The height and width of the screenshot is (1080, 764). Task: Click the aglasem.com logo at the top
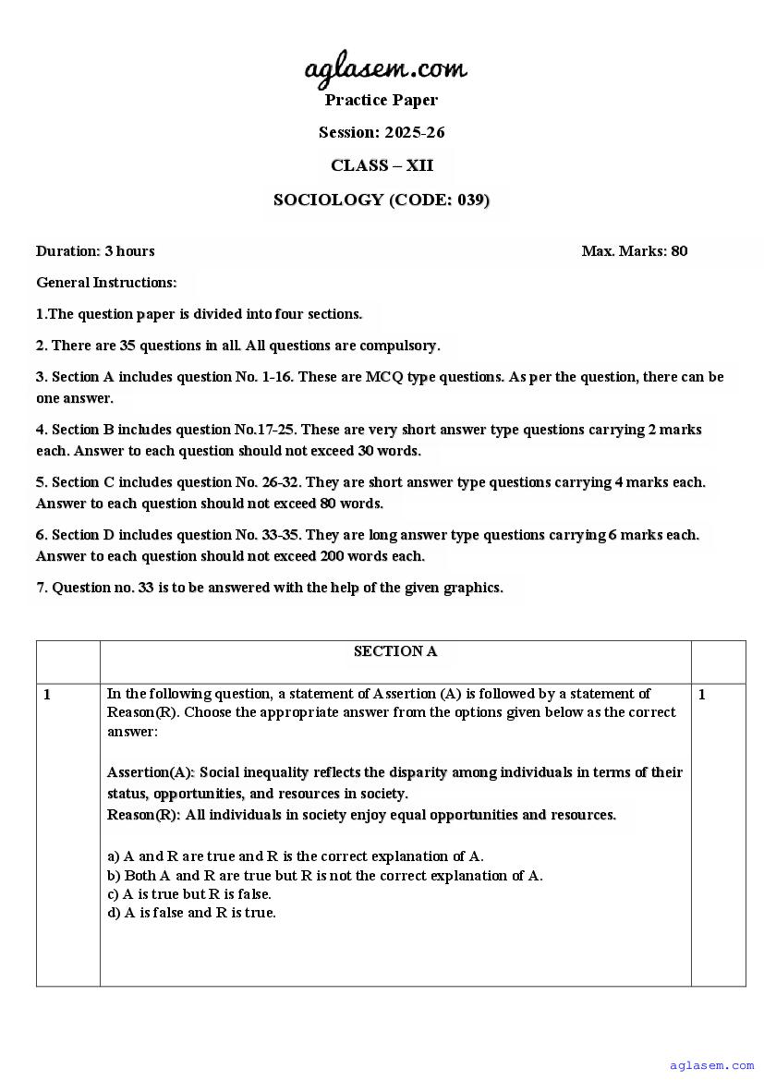point(385,67)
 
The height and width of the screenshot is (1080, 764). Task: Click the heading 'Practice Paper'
point(382,100)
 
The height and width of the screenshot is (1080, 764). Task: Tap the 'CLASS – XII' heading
point(382,165)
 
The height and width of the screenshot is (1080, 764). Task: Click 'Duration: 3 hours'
point(95,250)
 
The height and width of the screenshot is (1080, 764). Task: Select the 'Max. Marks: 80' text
point(635,250)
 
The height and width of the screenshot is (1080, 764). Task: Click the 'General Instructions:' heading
point(106,282)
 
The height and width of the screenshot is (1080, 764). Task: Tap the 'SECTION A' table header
point(395,651)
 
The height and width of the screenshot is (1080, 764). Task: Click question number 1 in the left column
point(48,694)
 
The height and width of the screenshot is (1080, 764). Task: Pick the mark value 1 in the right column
point(702,694)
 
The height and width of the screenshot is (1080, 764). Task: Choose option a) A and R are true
point(296,856)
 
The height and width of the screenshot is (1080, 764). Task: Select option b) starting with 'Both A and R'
point(325,875)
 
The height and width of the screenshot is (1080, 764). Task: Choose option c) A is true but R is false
point(189,893)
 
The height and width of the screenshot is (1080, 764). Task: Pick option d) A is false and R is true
point(191,913)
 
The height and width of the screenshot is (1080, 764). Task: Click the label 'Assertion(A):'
point(151,772)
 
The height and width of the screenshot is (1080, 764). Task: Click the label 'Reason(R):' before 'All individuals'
point(143,815)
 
